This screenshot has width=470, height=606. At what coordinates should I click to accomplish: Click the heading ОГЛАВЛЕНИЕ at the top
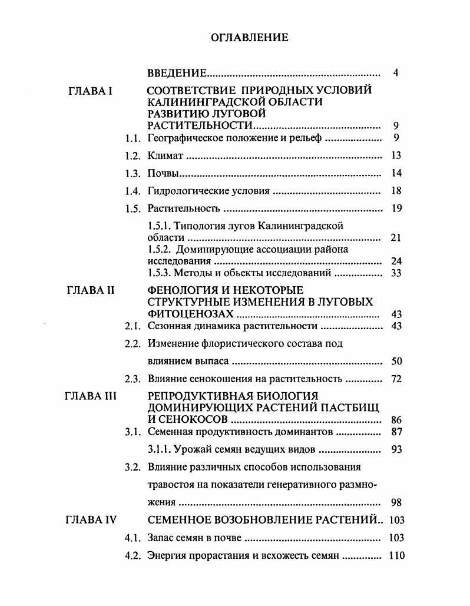[x=249, y=38]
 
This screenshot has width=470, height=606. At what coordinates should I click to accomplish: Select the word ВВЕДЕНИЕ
[x=176, y=74]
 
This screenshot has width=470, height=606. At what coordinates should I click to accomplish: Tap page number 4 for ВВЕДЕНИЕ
[x=396, y=74]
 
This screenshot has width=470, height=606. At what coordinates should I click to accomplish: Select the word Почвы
[x=163, y=174]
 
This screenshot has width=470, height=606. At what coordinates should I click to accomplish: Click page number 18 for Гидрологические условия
[x=396, y=191]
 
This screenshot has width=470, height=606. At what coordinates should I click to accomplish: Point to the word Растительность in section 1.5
[x=183, y=208]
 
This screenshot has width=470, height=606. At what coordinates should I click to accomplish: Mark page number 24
[x=396, y=261]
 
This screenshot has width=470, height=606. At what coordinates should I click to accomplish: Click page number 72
[x=396, y=379]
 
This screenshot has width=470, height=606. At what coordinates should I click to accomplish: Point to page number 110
[x=396, y=555]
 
